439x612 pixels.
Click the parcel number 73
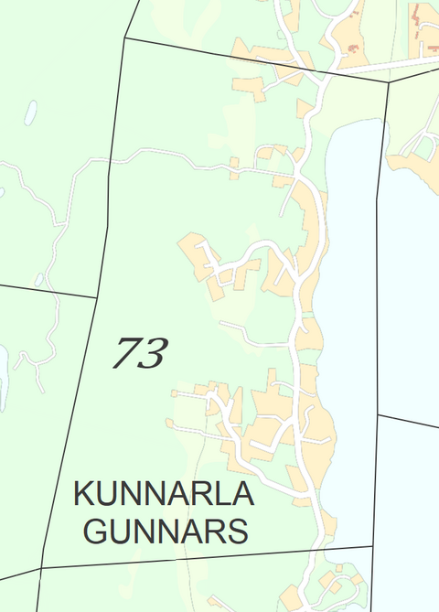click(140, 352)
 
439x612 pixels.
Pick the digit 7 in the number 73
click(126, 352)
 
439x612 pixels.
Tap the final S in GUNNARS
click(238, 531)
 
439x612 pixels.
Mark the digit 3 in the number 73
click(154, 352)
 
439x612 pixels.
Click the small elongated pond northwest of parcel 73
click(30, 113)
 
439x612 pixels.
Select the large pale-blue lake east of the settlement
click(348, 302)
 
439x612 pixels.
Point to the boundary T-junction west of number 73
click(96, 296)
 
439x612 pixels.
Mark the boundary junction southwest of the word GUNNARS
click(42, 568)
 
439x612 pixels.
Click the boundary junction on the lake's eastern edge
click(378, 414)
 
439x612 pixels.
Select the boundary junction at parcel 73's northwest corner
click(124, 38)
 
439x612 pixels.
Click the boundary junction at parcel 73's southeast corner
click(373, 547)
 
